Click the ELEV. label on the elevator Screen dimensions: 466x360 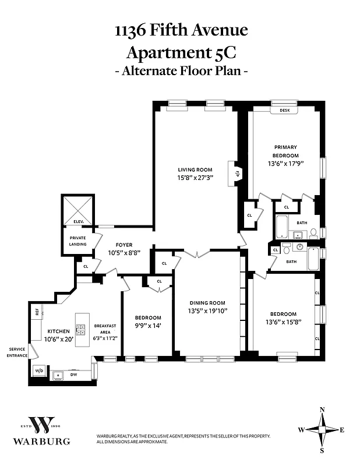coord(78,222)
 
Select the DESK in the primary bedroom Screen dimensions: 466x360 coord(285,110)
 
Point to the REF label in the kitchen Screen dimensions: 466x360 coord(37,312)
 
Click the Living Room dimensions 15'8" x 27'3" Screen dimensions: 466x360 coord(195,178)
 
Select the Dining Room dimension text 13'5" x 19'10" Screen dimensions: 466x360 coord(207,310)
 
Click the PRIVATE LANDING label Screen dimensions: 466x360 coord(78,241)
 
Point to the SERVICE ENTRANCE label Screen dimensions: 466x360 coord(16,352)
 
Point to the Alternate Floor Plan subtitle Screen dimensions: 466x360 coord(180,72)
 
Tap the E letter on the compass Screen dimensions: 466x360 coord(342,430)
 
